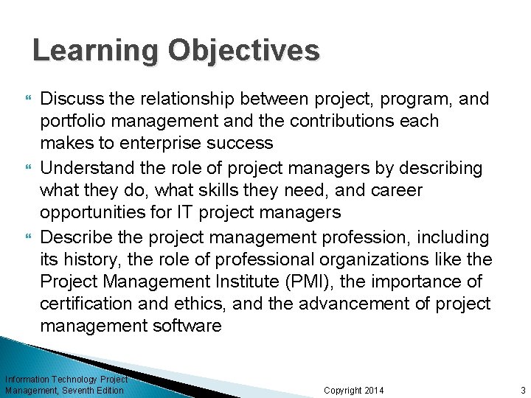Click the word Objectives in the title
click(244, 51)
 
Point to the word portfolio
click(72, 121)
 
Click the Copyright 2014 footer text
click(354, 390)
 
